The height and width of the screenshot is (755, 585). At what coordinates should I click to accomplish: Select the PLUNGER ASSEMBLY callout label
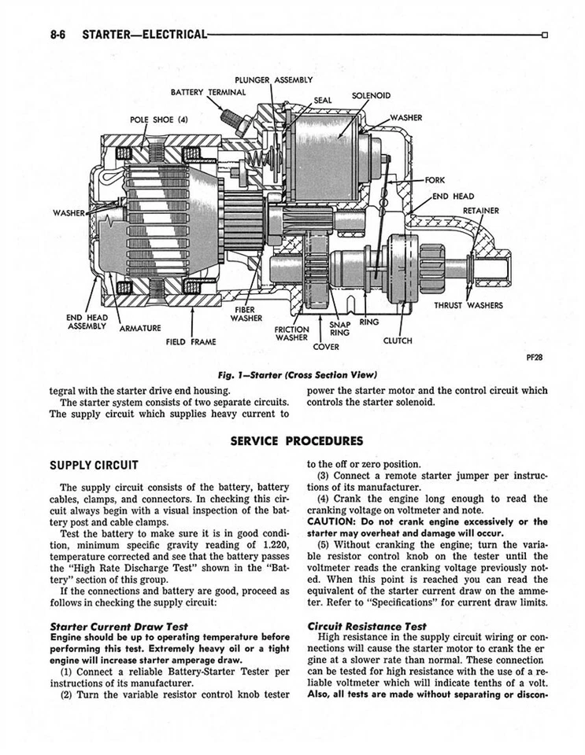tap(273, 79)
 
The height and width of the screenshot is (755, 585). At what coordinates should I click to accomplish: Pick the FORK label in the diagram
tap(435, 180)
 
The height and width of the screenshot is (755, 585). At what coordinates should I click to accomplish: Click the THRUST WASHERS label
tap(468, 305)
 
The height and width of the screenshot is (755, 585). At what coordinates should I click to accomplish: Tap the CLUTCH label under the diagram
tap(398, 341)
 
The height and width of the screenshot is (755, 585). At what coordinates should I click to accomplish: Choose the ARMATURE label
tap(139, 328)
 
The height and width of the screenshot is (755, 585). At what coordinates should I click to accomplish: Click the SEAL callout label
tap(322, 100)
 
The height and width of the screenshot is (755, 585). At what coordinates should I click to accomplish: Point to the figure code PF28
tap(532, 356)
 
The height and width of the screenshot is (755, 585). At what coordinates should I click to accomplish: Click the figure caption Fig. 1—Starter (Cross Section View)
tap(291, 374)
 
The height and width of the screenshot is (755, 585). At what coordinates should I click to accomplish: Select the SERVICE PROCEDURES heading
tap(297, 440)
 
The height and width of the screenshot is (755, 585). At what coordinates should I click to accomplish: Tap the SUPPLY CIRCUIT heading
tap(94, 465)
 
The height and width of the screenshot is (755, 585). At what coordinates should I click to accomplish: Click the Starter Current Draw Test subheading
tap(118, 626)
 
